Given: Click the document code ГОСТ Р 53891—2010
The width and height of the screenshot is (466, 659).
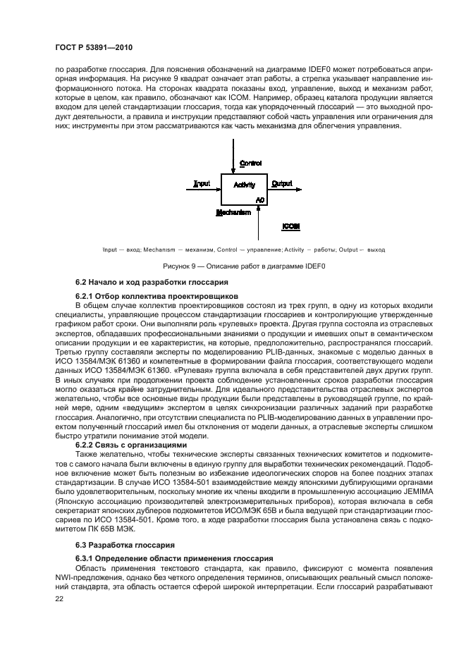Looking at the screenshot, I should tap(97, 47).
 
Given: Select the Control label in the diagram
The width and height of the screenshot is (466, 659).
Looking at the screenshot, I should tap(250, 163).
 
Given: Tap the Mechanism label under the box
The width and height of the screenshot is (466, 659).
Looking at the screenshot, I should tap(233, 211).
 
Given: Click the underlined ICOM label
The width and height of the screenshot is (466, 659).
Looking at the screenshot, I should tap(290, 227).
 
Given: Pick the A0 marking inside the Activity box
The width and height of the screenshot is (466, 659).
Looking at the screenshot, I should tap(259, 200).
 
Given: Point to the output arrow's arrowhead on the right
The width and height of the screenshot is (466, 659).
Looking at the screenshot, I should tap(299, 189).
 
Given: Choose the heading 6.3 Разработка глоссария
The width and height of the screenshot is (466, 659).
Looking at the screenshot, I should tap(118, 526).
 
